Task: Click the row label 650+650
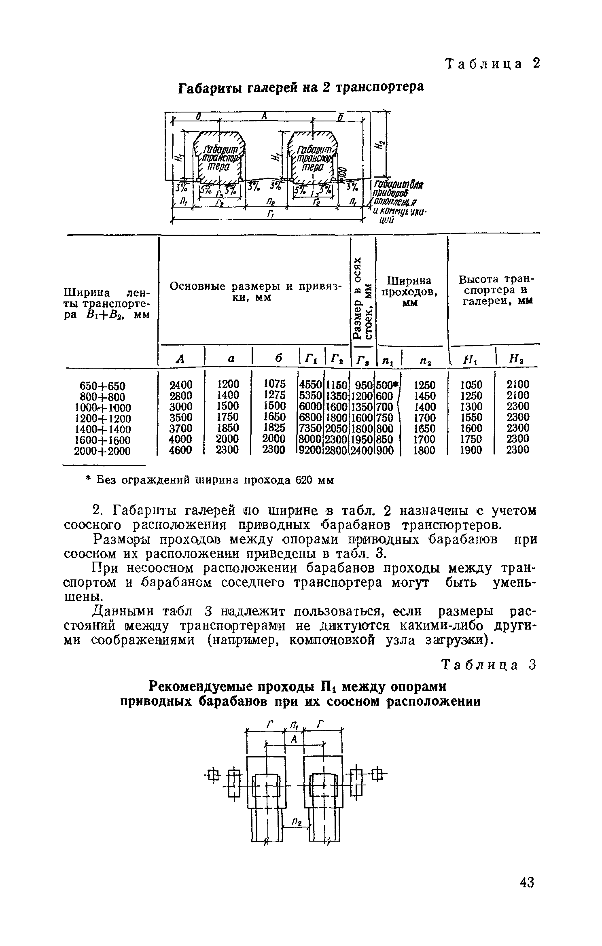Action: click(x=104, y=385)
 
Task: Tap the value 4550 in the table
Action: click(x=311, y=384)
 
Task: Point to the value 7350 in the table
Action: click(x=311, y=428)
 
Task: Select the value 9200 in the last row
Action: click(x=311, y=450)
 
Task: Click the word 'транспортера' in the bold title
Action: click(x=378, y=87)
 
